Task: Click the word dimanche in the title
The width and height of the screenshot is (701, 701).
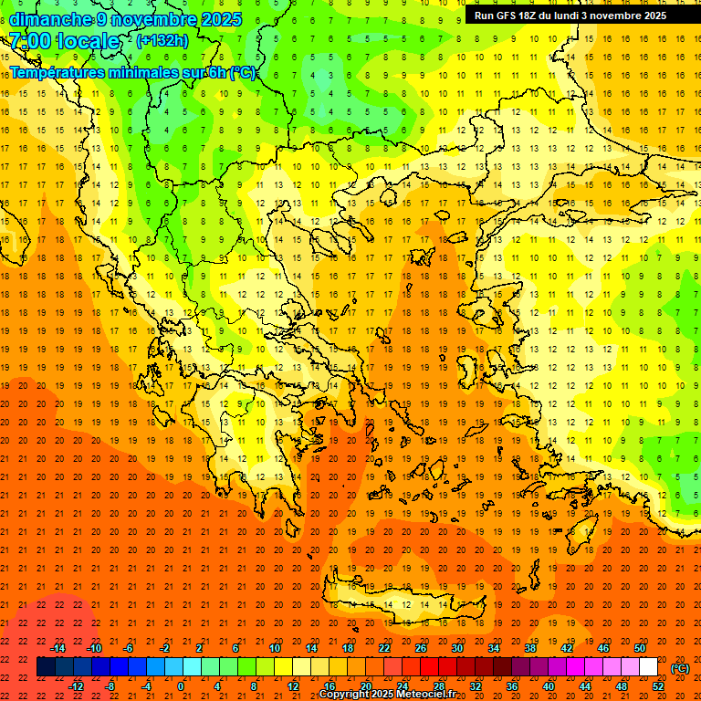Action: pyautogui.click(x=50, y=19)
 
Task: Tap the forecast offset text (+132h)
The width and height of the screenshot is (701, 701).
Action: pyautogui.click(x=162, y=40)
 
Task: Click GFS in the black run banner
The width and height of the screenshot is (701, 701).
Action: pyautogui.click(x=507, y=16)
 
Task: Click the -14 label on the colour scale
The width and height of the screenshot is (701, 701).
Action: pyautogui.click(x=58, y=648)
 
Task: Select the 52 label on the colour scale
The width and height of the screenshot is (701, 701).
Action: pyautogui.click(x=658, y=686)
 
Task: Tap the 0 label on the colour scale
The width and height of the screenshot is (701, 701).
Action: pyautogui.click(x=181, y=686)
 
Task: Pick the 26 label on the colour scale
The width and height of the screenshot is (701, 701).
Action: pyautogui.click(x=420, y=648)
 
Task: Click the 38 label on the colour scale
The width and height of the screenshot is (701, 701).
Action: pyautogui.click(x=529, y=648)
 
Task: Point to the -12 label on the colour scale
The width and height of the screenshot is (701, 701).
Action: pyautogui.click(x=77, y=686)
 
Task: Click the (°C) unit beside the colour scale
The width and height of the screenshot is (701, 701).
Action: pyautogui.click(x=680, y=668)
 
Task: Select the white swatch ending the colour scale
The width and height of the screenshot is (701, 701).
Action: pyautogui.click(x=648, y=667)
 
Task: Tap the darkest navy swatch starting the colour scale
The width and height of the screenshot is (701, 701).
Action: pyautogui.click(x=46, y=667)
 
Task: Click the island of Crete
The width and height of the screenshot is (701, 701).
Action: pyautogui.click(x=402, y=604)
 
